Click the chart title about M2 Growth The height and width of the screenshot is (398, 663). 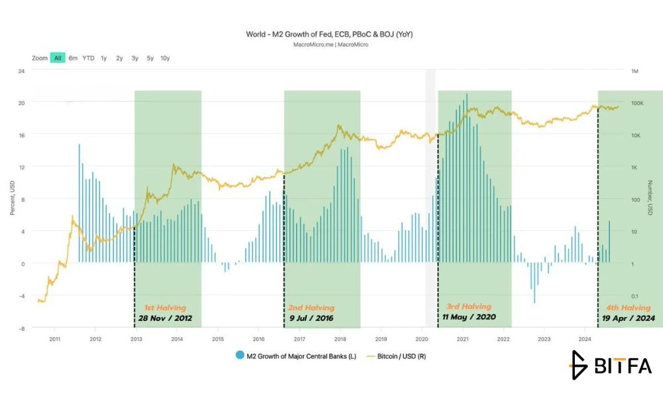pos(330,34)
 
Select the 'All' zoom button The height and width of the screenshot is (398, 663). pos(58,58)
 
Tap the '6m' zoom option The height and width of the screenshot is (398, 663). pos(73,58)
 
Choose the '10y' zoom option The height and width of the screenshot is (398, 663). pos(165,58)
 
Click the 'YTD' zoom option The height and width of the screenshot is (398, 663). pos(88,58)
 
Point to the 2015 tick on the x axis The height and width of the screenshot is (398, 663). pos(217,339)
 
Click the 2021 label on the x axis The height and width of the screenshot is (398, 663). pos(463,339)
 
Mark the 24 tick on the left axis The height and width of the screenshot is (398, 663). pos(21,71)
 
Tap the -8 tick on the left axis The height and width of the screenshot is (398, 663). pos(21,328)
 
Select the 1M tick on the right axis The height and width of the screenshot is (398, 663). pos(634,71)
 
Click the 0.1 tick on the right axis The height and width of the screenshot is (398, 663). pos(635,296)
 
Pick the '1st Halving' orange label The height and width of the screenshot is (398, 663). pos(165,308)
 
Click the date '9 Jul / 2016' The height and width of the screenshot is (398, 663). pos(311,318)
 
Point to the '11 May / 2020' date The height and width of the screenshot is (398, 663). pos(469,317)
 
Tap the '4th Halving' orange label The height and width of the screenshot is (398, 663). pos(629,308)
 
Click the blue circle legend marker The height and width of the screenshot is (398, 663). pos(240,356)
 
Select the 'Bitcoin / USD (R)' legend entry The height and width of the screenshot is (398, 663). pos(396,356)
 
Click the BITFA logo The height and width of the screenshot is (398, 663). pos(610,365)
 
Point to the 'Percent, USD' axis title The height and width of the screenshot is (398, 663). pos(12,198)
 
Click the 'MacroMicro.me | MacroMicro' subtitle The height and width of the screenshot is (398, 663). pos(331,44)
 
